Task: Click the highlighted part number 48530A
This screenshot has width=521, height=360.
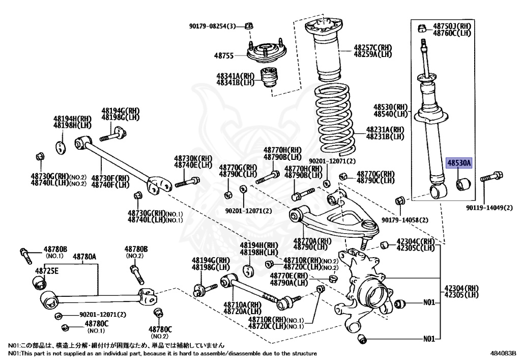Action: coord(459,163)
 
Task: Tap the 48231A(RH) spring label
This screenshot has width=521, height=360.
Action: coord(385,130)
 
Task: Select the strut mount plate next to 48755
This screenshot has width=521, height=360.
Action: coord(266,51)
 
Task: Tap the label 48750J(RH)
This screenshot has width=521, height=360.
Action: coord(452,25)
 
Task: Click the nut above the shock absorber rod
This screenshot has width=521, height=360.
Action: coord(422,27)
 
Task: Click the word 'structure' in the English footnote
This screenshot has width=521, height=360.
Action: coord(302,353)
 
